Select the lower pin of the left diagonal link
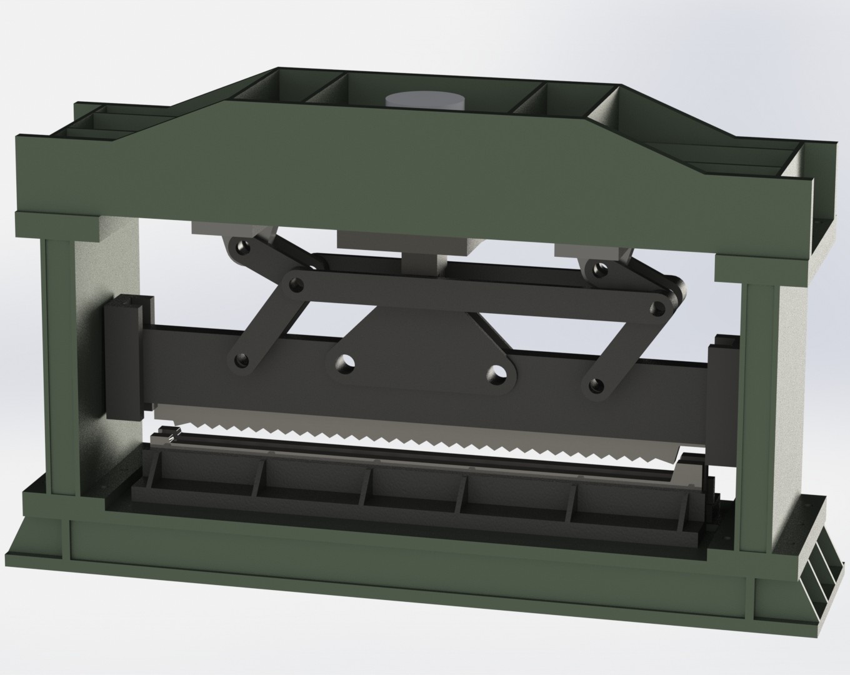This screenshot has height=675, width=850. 241,360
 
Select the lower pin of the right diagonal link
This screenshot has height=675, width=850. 596,383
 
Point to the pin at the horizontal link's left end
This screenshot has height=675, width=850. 293,285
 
